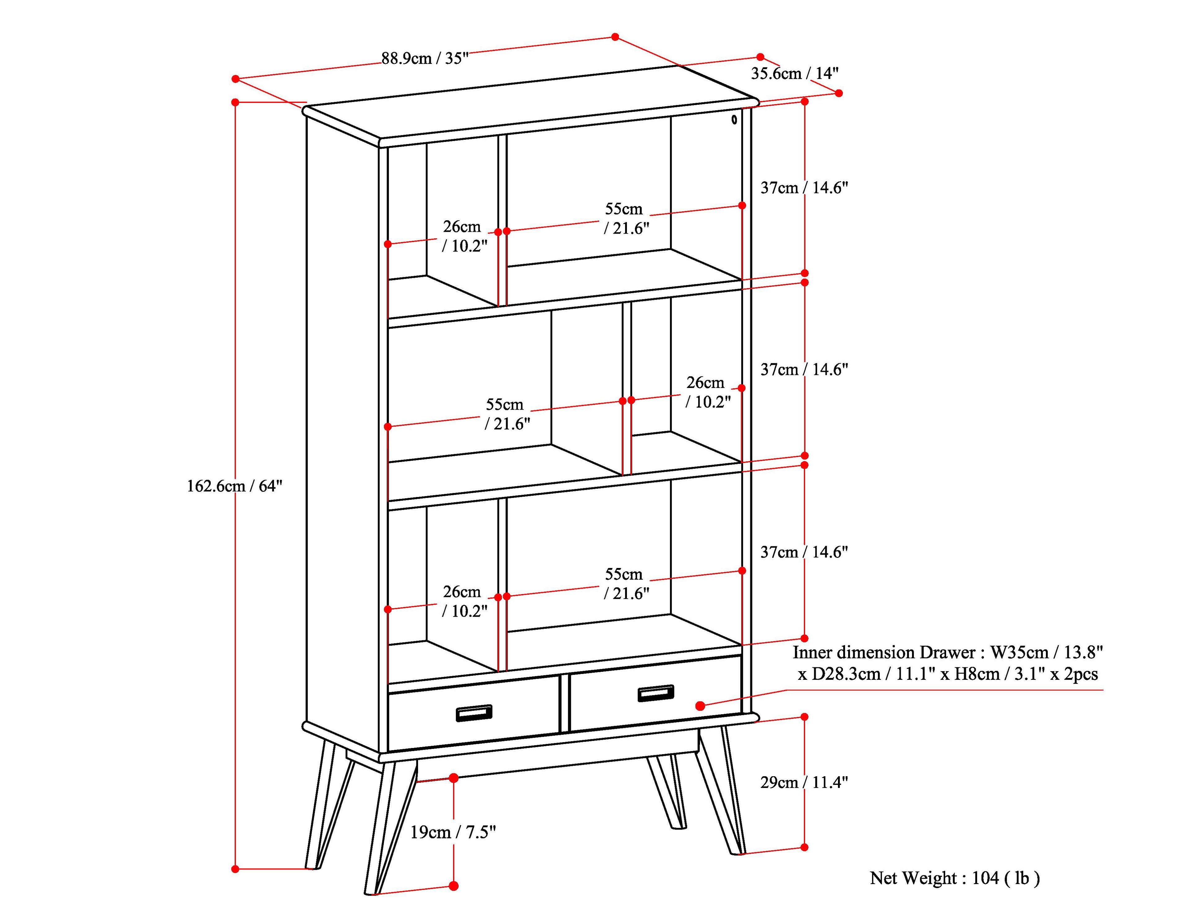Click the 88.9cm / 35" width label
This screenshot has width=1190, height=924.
(425, 58)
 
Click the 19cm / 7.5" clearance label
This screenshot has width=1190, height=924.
(453, 832)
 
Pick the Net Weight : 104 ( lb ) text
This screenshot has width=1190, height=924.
(954, 878)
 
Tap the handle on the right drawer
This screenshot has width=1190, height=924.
(655, 693)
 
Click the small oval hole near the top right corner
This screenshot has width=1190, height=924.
(734, 119)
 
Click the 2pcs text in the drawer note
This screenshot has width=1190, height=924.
(1081, 674)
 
